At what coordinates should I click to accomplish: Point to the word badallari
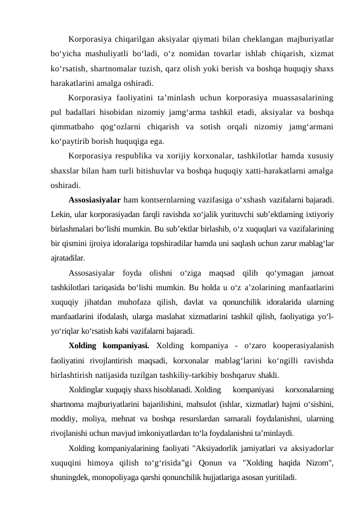(81, 111)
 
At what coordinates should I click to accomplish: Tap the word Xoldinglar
(88, 389)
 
